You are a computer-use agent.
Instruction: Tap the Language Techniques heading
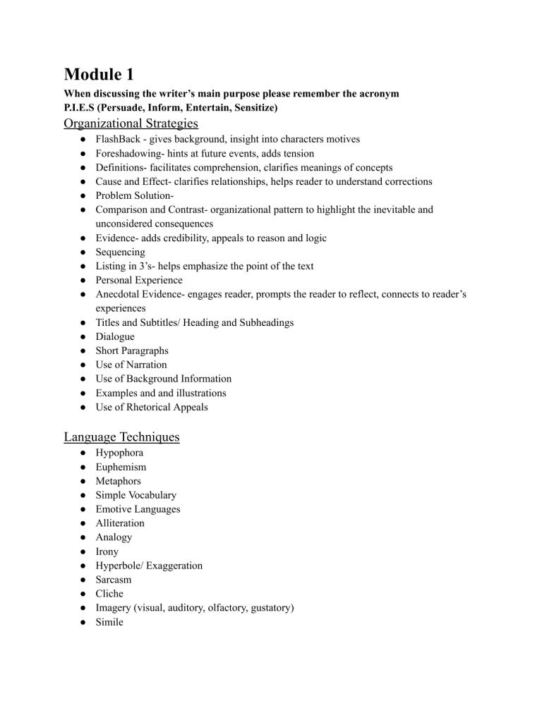121,437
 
